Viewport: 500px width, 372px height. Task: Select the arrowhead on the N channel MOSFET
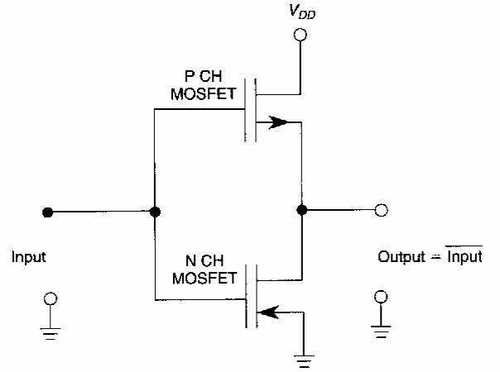pyautogui.click(x=267, y=312)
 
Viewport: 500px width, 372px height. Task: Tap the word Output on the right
pyautogui.click(x=400, y=258)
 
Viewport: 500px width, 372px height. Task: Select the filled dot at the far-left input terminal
pyautogui.click(x=49, y=212)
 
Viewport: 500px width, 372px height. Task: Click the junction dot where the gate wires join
pyautogui.click(x=155, y=212)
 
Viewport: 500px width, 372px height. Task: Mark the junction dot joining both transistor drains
pyautogui.click(x=301, y=211)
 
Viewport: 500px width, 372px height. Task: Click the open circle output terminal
pyautogui.click(x=381, y=211)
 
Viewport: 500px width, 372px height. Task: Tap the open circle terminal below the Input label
pyautogui.click(x=50, y=296)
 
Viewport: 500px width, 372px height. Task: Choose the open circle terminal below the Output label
pyautogui.click(x=381, y=296)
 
